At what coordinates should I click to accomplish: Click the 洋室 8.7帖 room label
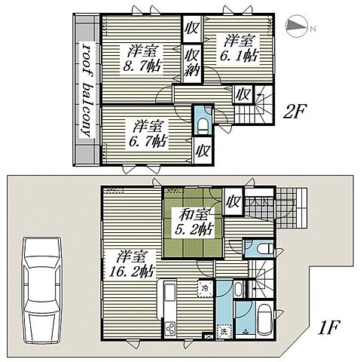142,59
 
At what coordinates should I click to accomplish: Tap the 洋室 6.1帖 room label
239,48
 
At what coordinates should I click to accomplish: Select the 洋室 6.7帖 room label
148,133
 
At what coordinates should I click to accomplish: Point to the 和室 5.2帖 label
194,222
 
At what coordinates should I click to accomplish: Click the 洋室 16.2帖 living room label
131,263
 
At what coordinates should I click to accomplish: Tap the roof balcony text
86,90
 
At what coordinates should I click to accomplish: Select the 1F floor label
328,327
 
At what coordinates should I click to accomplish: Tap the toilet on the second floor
203,127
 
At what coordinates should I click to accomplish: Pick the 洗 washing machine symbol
223,331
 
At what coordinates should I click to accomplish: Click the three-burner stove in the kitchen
170,328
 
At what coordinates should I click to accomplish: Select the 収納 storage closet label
193,63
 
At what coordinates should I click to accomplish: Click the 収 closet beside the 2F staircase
243,94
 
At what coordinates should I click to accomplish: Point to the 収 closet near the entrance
233,202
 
